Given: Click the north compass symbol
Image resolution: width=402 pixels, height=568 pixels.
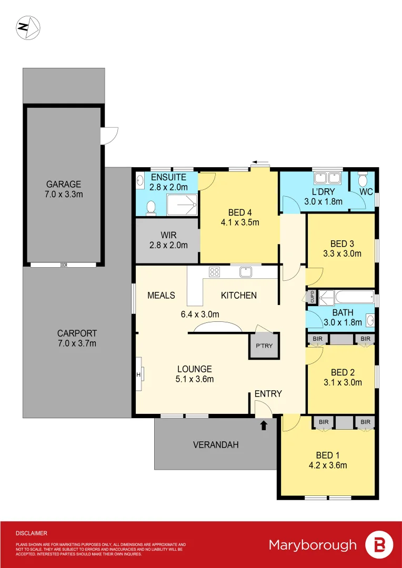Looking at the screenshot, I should point(28,27).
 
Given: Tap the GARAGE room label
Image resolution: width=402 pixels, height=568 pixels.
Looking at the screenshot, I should point(63,184).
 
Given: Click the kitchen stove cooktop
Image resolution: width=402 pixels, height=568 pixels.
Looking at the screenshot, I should point(214,272).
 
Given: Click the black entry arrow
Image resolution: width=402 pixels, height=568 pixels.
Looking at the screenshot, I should point(264,424).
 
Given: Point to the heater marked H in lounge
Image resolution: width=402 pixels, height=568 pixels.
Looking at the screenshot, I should point(139,374).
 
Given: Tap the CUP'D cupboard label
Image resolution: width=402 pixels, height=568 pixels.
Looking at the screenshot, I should point(312,297).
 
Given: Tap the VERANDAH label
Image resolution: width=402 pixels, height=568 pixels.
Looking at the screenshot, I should point(216,445).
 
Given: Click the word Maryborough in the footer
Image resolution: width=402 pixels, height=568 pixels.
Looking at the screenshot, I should point(313,545).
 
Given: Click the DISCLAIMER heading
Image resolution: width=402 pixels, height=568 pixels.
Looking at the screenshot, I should point(31,533).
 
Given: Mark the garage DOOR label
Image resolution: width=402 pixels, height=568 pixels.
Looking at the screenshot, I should point(64,265).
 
